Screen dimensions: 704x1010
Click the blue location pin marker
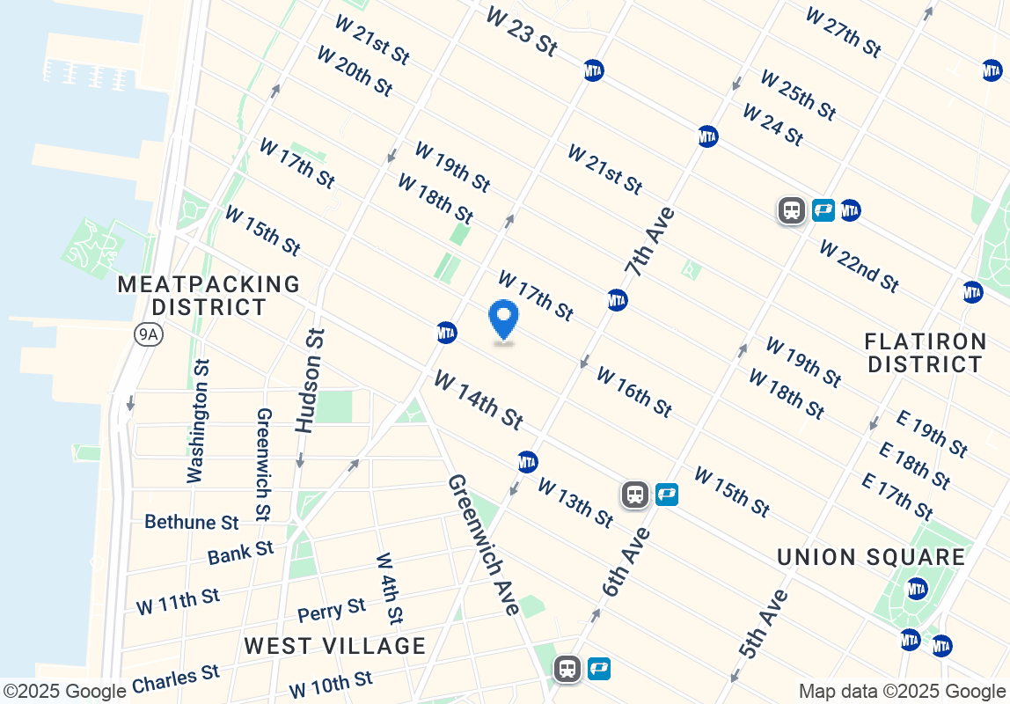tap(503, 320)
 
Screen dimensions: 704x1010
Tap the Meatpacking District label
tap(209, 296)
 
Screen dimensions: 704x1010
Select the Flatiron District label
tap(924, 352)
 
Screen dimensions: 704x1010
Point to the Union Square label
tap(871, 557)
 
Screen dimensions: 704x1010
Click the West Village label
tap(335, 646)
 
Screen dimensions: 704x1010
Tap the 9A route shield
tap(148, 334)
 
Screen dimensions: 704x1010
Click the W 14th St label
tap(478, 400)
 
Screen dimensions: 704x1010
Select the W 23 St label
tap(521, 33)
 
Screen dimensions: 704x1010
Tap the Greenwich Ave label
tap(483, 544)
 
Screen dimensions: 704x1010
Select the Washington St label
tap(199, 421)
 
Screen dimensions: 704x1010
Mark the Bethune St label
tap(192, 523)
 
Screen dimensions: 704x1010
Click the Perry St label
tap(332, 611)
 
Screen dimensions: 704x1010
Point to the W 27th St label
tap(842, 32)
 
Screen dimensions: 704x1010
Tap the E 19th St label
tap(932, 433)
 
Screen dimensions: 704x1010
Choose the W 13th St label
tap(575, 502)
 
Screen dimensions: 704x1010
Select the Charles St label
tap(175, 679)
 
